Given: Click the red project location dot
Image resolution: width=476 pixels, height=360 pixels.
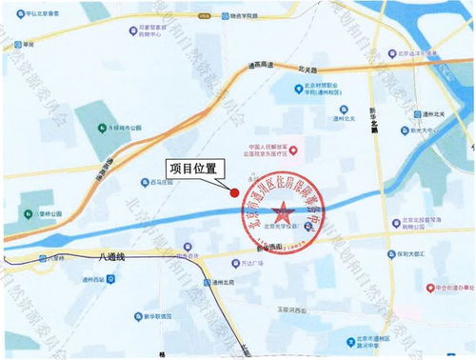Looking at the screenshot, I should (234, 193).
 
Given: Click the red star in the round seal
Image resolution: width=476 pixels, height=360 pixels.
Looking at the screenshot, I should (283, 210).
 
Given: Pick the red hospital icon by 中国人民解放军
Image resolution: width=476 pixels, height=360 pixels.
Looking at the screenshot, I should (295, 149).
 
